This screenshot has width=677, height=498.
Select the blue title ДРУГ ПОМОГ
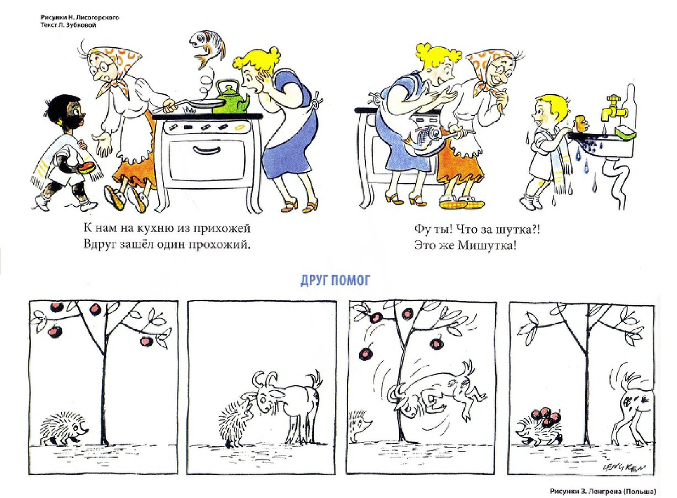[x=335, y=281]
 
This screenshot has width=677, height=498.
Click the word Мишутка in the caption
[x=485, y=245]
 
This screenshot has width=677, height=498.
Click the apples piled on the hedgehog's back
[x=544, y=417]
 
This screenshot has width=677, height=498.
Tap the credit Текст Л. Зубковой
[x=69, y=25]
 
